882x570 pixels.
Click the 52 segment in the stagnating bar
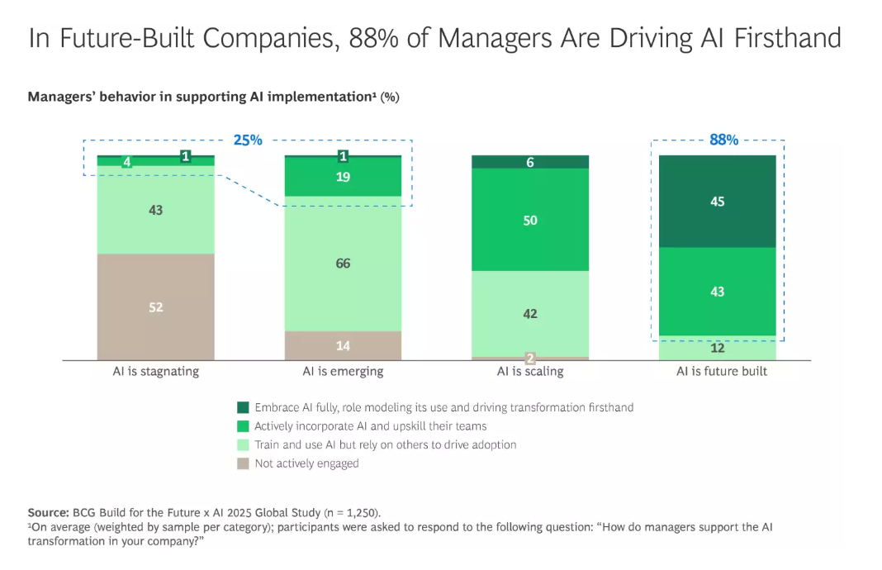[x=156, y=306]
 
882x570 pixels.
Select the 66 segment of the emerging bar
[x=343, y=264]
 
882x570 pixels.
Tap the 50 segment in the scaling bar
[x=530, y=220]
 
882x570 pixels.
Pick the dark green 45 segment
[x=717, y=202]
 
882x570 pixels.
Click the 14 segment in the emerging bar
[x=343, y=345]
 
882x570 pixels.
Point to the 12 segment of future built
[x=717, y=348]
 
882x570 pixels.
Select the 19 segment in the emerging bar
[x=343, y=177]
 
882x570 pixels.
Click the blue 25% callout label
[x=248, y=140]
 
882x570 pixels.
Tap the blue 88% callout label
[x=724, y=140]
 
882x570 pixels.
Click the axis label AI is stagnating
[x=156, y=372]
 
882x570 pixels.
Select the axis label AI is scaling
[x=530, y=372]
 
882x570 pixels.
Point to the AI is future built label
[x=722, y=372]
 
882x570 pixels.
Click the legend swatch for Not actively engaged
[x=243, y=463]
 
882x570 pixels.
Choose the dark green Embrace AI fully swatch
[x=243, y=407]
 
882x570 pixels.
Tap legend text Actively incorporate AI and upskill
[x=371, y=426]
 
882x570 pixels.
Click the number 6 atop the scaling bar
[x=530, y=162]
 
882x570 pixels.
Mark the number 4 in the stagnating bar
[x=127, y=162]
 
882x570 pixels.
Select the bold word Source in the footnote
[x=49, y=513]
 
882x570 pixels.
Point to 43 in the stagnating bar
[x=156, y=210]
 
